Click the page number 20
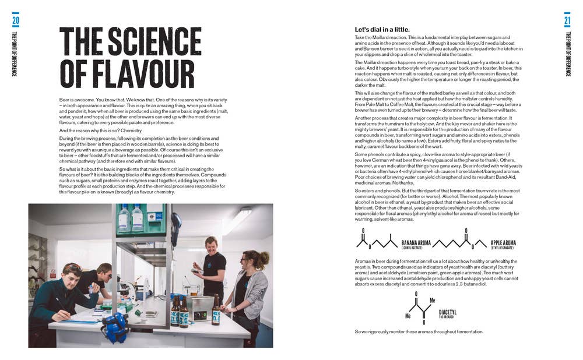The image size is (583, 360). click(x=15, y=21)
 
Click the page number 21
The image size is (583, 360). click(x=567, y=21)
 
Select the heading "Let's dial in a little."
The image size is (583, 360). click(x=382, y=30)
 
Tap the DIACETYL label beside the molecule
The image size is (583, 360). click(x=448, y=312)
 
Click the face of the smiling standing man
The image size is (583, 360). click(x=211, y=245)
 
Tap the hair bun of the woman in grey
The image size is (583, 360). click(x=264, y=257)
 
